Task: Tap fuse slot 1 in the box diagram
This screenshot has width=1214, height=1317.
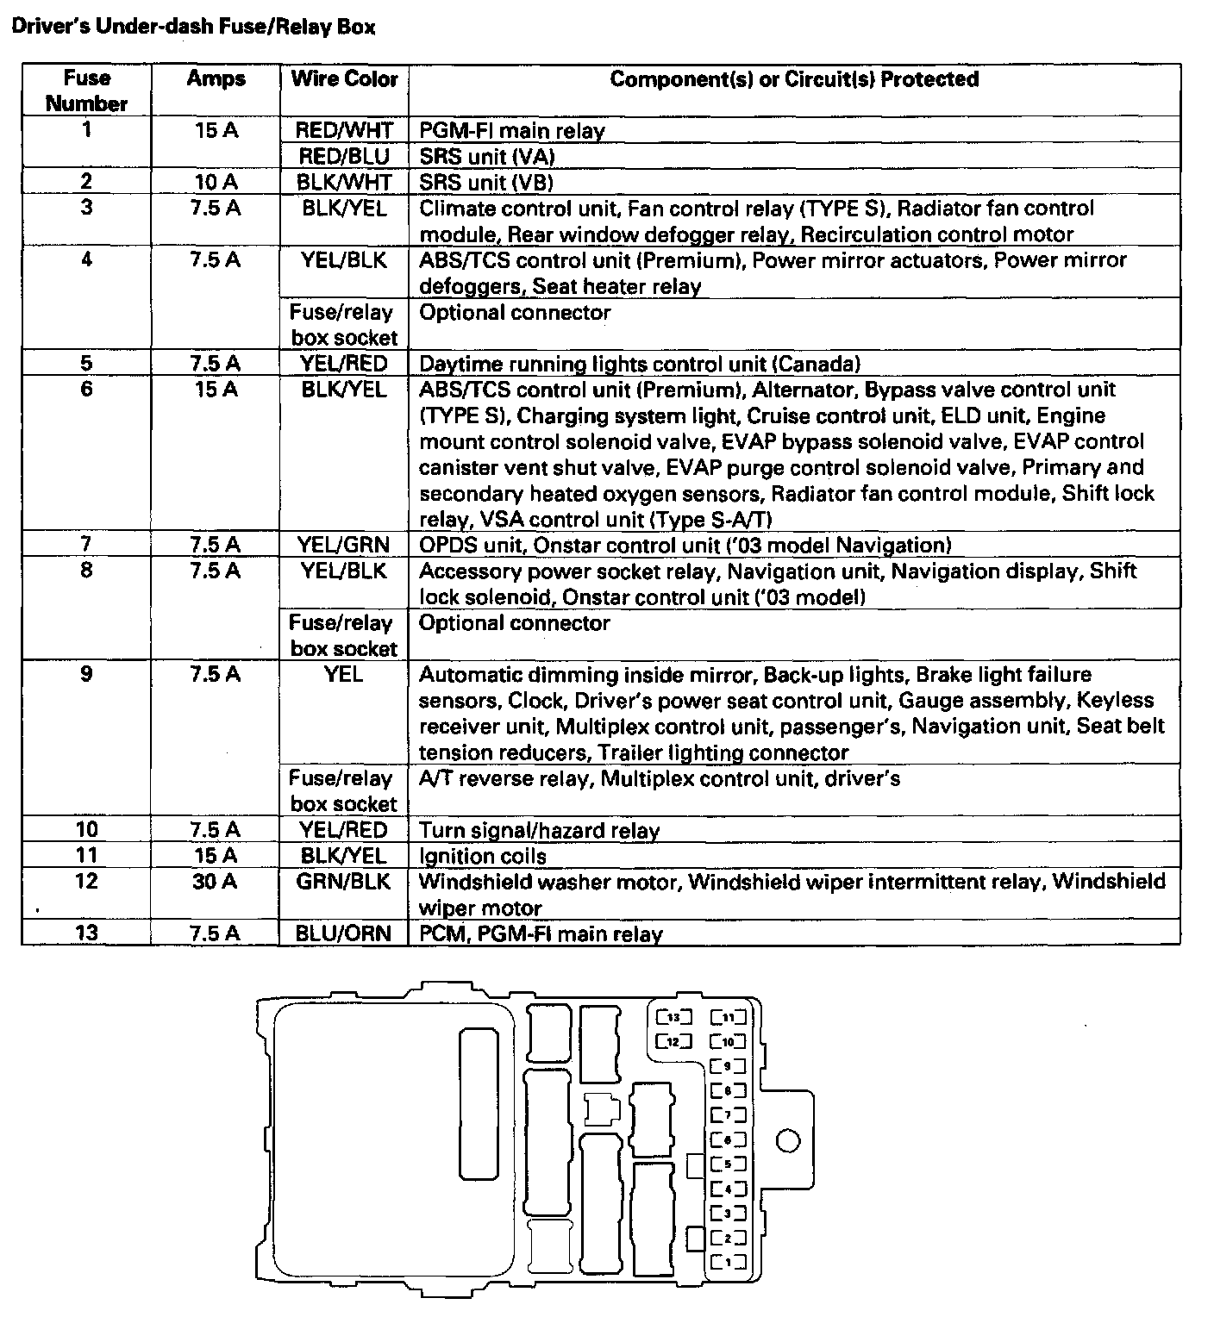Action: click(x=728, y=1264)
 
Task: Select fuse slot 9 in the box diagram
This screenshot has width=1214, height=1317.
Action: click(x=728, y=1066)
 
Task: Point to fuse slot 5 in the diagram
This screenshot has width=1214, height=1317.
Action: click(x=728, y=1164)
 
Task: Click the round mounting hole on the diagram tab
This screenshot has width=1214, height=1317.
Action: click(x=788, y=1141)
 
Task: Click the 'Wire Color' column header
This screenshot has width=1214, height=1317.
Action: click(x=344, y=79)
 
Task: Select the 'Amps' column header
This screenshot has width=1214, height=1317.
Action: click(x=216, y=79)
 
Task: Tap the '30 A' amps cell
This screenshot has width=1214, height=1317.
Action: click(x=216, y=882)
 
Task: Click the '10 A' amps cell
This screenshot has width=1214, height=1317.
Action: click(x=216, y=182)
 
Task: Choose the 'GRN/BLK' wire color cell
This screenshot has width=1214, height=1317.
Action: click(x=344, y=882)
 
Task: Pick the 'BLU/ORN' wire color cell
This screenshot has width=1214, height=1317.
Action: click(x=344, y=933)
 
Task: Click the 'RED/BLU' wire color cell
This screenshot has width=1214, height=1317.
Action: click(x=344, y=156)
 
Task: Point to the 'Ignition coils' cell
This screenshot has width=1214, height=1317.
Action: click(x=483, y=857)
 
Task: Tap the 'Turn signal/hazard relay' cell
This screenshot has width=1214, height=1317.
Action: click(x=539, y=831)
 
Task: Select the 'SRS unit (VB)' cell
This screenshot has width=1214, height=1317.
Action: click(x=486, y=183)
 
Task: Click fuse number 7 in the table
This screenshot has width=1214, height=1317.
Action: click(x=86, y=544)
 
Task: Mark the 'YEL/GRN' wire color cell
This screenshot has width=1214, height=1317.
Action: click(x=344, y=545)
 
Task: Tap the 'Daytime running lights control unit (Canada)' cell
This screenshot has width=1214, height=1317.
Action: click(x=639, y=364)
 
